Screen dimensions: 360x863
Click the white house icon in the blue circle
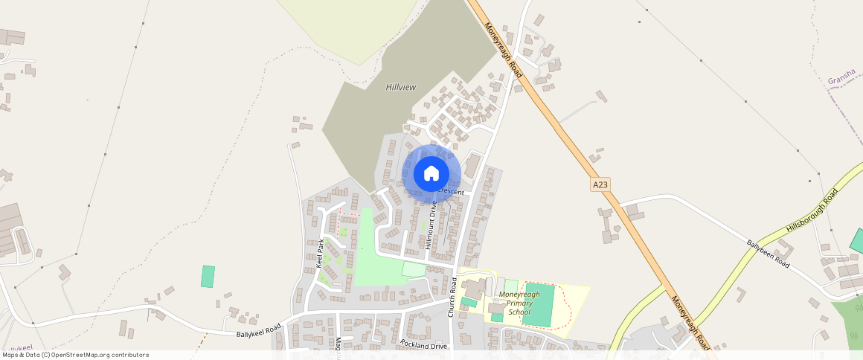[431, 174]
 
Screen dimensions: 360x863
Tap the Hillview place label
[401, 87]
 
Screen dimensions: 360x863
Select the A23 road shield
[600, 184]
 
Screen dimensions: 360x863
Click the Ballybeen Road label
[768, 253]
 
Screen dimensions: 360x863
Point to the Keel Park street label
[321, 253]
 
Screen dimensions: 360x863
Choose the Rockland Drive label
[423, 344]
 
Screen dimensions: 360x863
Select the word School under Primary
[519, 312]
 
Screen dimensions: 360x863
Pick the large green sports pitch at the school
[539, 303]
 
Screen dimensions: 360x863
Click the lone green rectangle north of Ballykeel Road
[208, 277]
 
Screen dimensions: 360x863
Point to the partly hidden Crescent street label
[451, 193]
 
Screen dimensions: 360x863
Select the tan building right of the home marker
[472, 166]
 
